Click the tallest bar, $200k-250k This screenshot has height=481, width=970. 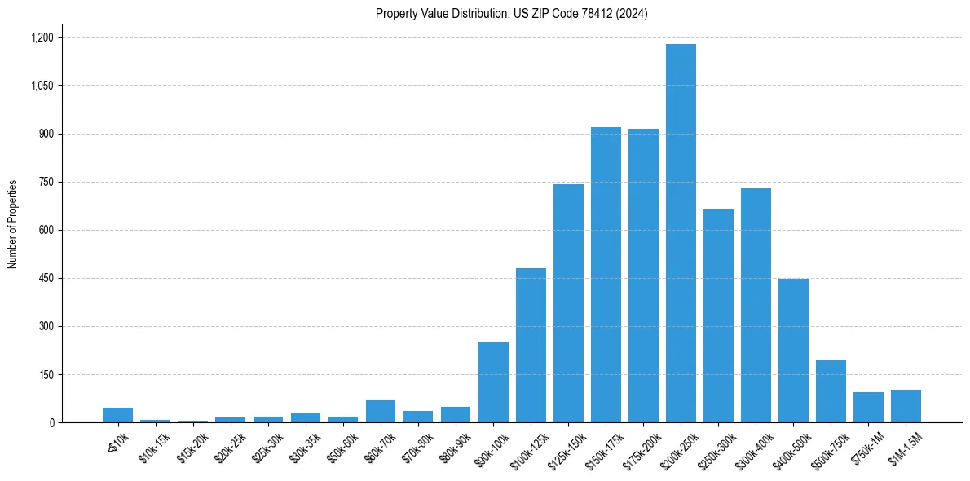(x=681, y=233)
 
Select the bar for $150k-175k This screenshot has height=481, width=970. (x=606, y=275)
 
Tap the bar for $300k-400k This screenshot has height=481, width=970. (x=756, y=305)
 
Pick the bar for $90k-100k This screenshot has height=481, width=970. (x=493, y=382)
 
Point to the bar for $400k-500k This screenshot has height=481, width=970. (x=793, y=351)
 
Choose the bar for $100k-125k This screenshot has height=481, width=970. (x=531, y=345)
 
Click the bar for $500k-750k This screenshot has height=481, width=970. (x=831, y=391)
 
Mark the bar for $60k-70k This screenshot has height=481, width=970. (x=381, y=411)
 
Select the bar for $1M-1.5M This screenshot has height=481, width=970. (x=906, y=406)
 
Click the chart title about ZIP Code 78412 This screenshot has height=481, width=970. (x=512, y=14)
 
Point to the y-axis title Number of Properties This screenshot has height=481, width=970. (x=13, y=223)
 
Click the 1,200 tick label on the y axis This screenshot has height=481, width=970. (x=42, y=38)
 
